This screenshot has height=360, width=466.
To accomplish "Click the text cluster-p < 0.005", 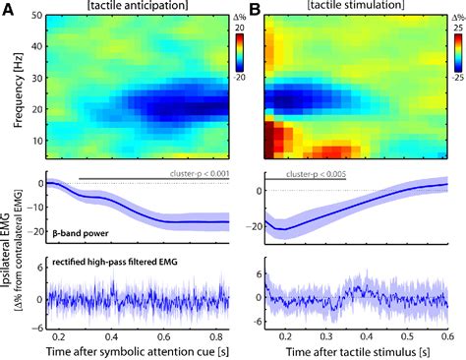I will (x=316, y=173).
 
